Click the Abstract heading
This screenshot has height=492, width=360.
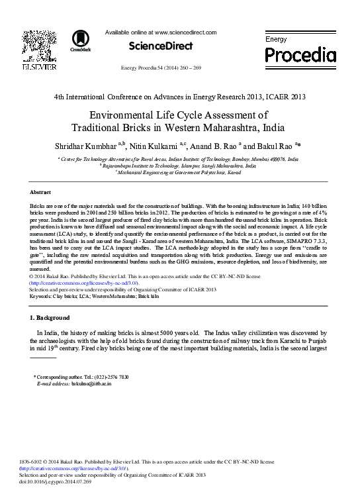pyautogui.click(x=42, y=191)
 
